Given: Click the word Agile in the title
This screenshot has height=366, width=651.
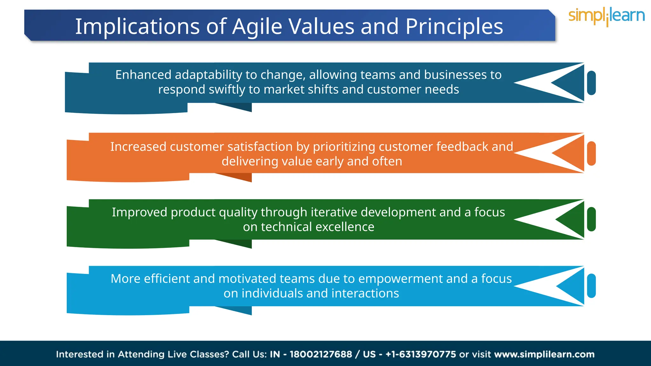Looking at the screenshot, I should click(x=257, y=27).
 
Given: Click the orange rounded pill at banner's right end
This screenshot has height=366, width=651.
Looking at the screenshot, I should click(x=591, y=153).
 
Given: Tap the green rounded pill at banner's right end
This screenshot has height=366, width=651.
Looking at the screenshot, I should click(x=591, y=219).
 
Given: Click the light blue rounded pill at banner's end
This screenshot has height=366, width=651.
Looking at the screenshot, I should click(x=591, y=286).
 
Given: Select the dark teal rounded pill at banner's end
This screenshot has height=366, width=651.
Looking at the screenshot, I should click(x=591, y=83).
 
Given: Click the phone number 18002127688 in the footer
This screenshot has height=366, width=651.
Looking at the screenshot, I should click(x=320, y=354).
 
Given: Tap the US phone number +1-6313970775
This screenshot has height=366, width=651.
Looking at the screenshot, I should click(x=421, y=354).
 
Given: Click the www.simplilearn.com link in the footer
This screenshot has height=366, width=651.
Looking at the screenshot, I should click(x=544, y=354).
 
